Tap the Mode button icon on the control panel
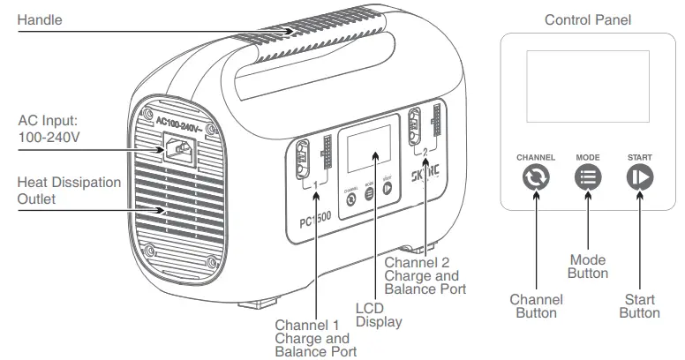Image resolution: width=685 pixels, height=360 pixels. (x=588, y=177)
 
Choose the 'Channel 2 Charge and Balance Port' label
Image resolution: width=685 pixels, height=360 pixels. (x=423, y=274)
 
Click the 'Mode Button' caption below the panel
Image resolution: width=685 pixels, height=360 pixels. (x=588, y=266)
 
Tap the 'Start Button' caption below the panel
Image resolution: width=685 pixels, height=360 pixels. (x=639, y=306)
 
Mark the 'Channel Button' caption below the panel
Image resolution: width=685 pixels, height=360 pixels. (x=536, y=306)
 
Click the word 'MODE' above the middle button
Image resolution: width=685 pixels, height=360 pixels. (x=588, y=157)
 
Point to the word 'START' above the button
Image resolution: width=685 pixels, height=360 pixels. (x=639, y=157)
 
